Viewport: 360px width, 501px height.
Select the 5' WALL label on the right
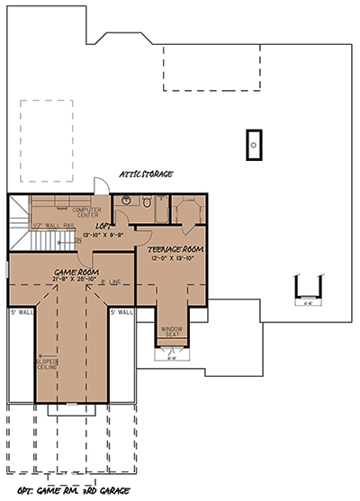click(121, 313)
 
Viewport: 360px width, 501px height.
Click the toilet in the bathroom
click(145, 203)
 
